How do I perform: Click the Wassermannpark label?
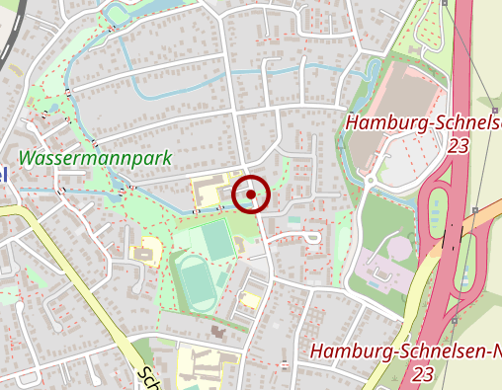pos(96,157)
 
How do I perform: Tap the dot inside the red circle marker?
pos(252,195)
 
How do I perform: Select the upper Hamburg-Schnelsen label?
pos(423,122)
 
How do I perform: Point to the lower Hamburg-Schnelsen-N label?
pos(405,351)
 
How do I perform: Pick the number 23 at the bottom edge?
pos(423,374)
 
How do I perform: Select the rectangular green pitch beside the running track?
pos(214,239)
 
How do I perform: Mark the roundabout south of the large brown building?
pos(371,181)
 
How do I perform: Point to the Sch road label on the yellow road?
pos(148,378)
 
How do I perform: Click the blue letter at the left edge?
pos(3,174)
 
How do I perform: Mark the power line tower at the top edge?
pos(446,3)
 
